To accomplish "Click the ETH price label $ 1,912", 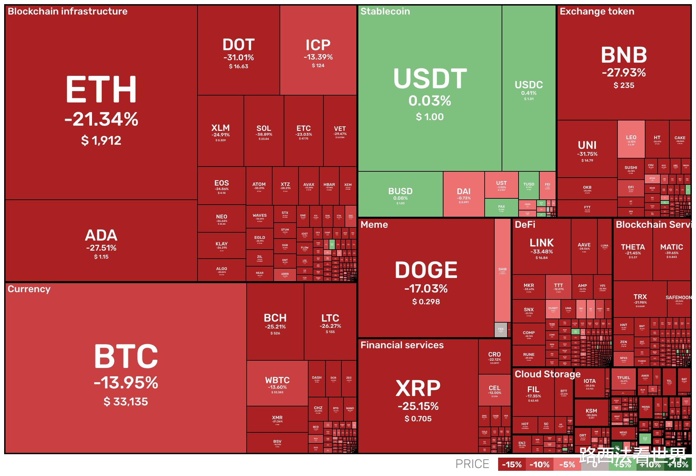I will [x=101, y=141].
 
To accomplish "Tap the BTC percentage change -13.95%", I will [x=126, y=383].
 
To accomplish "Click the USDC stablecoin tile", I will [x=529, y=88].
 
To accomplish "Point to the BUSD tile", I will [x=400, y=195].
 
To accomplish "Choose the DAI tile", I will [x=464, y=195].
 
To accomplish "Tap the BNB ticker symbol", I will [x=624, y=55].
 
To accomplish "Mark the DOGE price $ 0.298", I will [x=426, y=302].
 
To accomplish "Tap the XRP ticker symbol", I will [x=418, y=388].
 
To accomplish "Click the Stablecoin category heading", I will [x=385, y=11].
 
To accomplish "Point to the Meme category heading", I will [x=374, y=225].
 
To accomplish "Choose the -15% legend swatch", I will [x=512, y=465].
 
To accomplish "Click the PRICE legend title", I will [x=472, y=464].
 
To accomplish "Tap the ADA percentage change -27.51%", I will [x=101, y=248].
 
